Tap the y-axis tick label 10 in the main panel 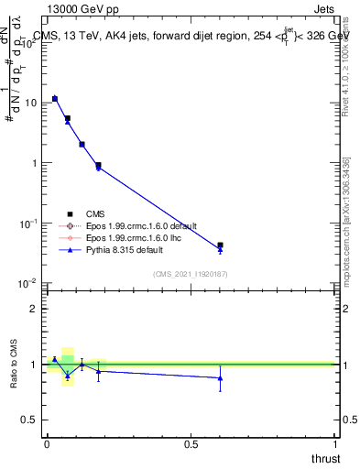[x=30, y=103]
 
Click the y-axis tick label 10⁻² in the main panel [x=29, y=283]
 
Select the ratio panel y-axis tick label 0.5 [x=29, y=420]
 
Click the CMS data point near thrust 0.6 [x=220, y=245]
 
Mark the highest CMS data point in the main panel [x=55, y=98]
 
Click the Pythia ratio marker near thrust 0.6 [x=220, y=377]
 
